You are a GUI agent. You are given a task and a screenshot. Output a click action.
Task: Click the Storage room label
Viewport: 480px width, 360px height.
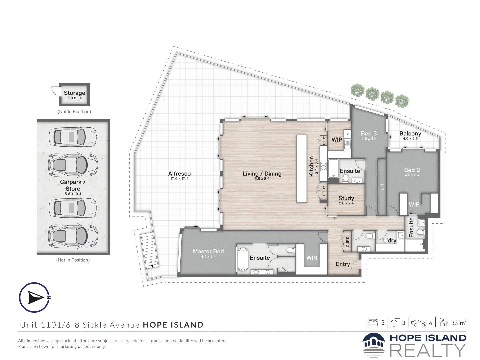tap(74, 93)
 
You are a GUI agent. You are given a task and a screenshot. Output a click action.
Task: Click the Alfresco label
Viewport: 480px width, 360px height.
tap(179, 174)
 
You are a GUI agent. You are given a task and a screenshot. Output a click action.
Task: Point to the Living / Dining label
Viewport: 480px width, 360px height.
tap(262, 174)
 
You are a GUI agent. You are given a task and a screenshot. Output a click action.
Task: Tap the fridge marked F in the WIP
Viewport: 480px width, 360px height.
tap(347, 134)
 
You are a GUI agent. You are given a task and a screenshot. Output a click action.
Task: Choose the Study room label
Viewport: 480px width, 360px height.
tap(346, 198)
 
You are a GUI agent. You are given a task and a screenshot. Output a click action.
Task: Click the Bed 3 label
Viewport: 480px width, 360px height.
tap(369, 133)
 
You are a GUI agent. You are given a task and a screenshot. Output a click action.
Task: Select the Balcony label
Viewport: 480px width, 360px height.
tap(410, 133)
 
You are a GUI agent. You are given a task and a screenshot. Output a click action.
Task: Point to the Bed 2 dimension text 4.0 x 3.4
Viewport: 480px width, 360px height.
tap(412, 175)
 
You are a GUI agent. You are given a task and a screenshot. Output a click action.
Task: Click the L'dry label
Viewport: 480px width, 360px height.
tap(389, 240)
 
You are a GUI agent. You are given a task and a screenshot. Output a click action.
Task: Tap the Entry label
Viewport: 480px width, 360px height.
tap(343, 264)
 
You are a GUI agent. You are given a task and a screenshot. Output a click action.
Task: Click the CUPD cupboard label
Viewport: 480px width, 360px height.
tap(347, 241)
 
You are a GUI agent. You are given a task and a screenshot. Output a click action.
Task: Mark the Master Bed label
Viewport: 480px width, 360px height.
tap(208, 251)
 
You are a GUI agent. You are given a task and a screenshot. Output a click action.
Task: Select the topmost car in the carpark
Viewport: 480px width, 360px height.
tap(72, 137)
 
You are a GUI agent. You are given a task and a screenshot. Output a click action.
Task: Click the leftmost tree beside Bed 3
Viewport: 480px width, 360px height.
tap(358, 90)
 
